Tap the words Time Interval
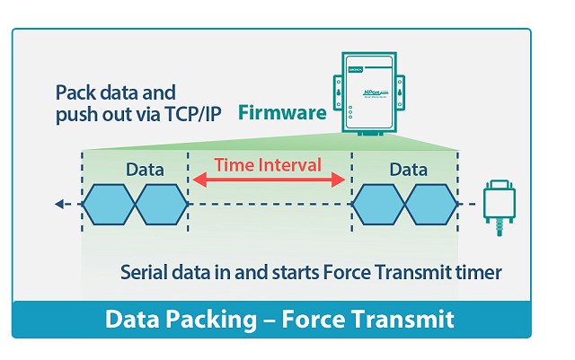coord(269,165)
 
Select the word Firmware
coord(281,114)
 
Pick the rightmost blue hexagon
coord(430,206)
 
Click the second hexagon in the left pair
coord(161,206)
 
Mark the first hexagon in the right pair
coord(377,206)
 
